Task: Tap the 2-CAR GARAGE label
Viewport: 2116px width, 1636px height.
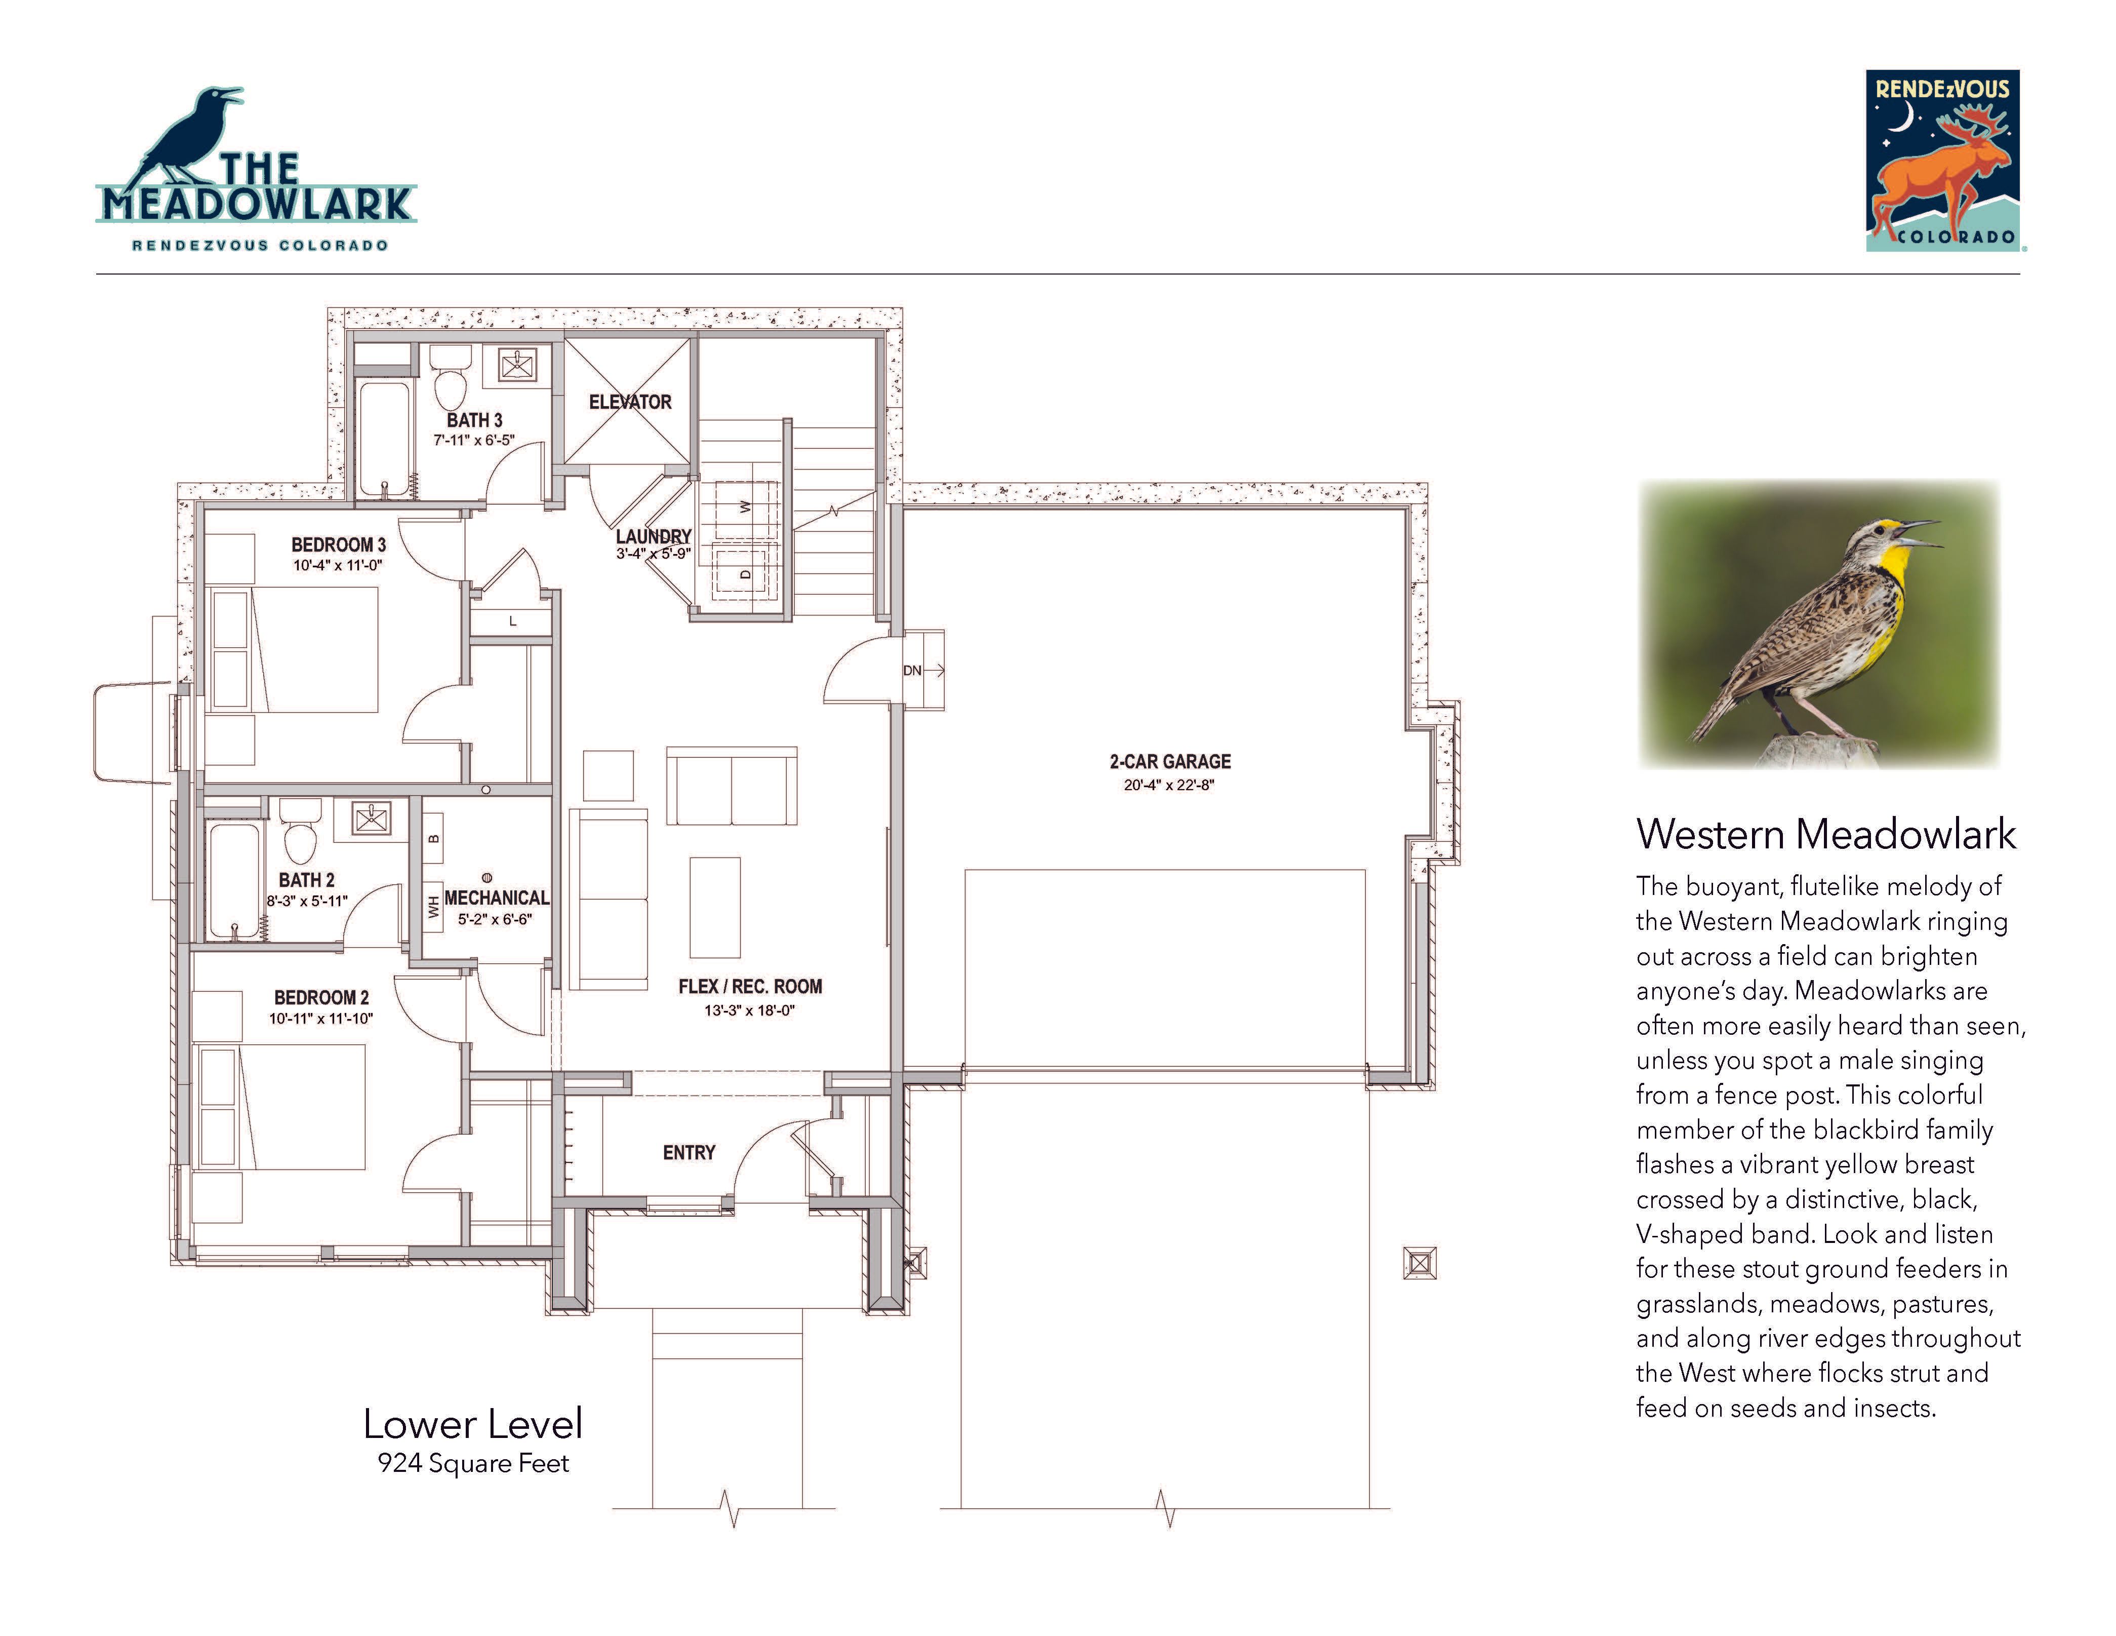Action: coord(1170,762)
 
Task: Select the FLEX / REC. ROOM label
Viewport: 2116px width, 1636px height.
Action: coord(750,987)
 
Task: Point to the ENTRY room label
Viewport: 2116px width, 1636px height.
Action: coord(689,1152)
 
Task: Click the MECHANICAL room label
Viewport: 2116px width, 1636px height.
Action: coord(496,899)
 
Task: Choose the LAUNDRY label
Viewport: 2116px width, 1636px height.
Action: coord(654,536)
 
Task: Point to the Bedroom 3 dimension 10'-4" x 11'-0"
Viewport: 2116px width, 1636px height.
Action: coord(338,565)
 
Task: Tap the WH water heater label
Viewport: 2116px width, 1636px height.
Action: coord(433,907)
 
